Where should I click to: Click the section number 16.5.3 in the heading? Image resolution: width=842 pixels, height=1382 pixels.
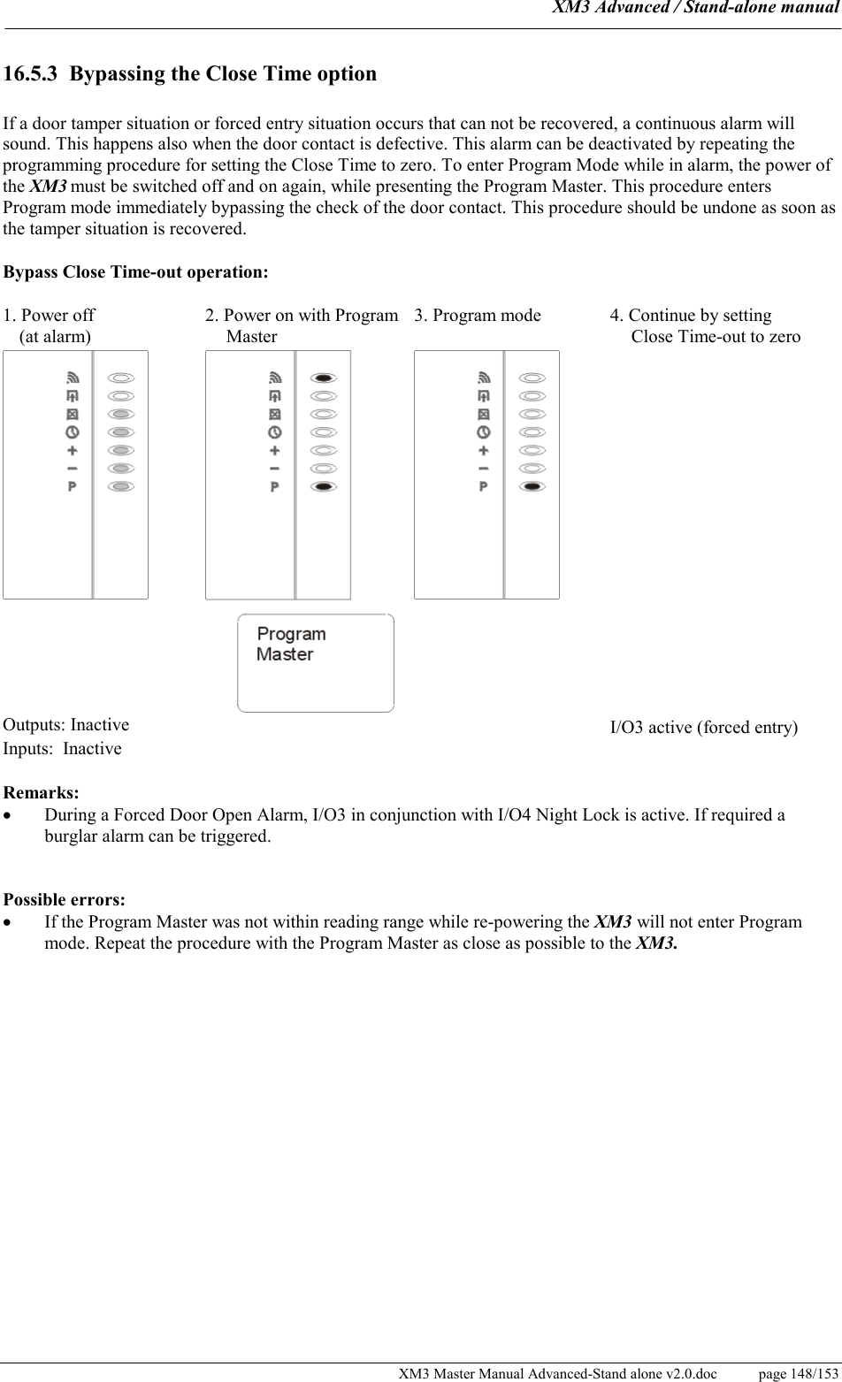31,74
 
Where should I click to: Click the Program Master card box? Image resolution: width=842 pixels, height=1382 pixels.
316,663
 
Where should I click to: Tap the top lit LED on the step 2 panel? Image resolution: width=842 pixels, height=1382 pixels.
324,378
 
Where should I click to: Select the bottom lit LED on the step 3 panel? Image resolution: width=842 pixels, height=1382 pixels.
532,487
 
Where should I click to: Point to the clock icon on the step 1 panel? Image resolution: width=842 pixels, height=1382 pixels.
72,432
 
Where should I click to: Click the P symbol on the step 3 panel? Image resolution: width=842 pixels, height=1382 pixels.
483,487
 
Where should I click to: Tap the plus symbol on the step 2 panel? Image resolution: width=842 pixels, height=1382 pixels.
274,451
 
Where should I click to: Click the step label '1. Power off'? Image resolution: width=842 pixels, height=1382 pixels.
50,316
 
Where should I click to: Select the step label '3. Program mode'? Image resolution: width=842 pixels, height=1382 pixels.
478,316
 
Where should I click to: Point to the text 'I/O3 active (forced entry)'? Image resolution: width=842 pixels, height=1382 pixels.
704,728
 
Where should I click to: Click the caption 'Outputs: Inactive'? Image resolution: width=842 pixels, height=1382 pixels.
66,725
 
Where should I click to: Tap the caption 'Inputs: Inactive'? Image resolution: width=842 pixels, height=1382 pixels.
63,749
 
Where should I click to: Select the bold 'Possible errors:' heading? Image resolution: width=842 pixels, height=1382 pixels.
65,900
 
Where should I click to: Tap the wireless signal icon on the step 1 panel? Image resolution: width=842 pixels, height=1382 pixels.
72,378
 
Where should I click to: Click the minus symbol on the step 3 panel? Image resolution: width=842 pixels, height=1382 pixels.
483,469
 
